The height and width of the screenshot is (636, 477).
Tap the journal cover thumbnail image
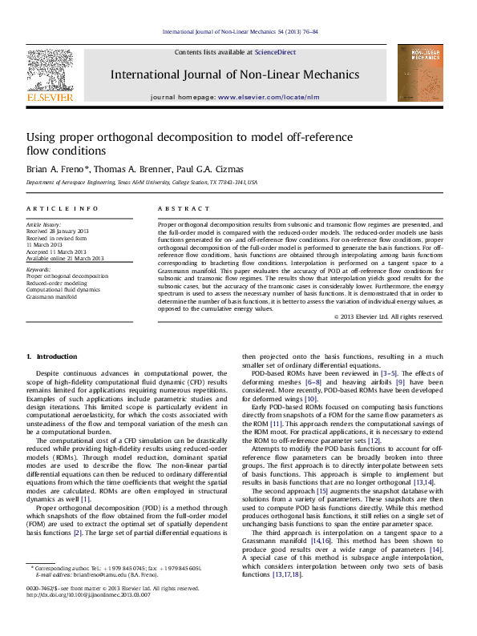(x=420, y=73)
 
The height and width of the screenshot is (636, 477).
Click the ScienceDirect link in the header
(x=275, y=51)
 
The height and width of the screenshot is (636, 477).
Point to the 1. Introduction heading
(x=52, y=356)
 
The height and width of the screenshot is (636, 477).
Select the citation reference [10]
(x=311, y=398)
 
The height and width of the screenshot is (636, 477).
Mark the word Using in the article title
(x=42, y=138)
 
